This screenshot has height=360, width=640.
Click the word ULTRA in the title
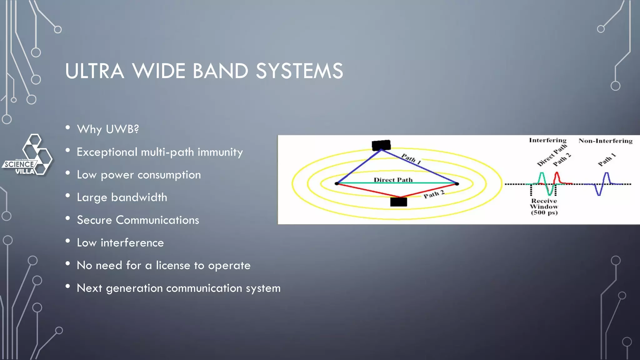[x=95, y=71]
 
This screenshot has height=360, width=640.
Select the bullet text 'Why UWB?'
[x=108, y=129]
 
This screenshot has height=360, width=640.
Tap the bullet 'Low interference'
[x=120, y=243]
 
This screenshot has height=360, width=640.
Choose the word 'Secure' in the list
[x=94, y=220]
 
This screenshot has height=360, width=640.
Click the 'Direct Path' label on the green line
[x=393, y=180]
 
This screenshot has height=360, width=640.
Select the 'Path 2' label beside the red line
[x=434, y=194]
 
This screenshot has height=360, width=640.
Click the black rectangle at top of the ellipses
[x=381, y=145]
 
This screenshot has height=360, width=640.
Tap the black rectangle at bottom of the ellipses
[x=398, y=202]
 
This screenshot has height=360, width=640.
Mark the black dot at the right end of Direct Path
[x=457, y=184]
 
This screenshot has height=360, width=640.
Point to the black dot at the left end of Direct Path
[x=337, y=183]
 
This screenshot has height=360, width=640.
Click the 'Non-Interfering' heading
[x=605, y=141]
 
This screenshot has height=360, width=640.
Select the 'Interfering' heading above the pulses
[x=547, y=140]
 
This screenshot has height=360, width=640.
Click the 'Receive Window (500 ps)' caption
[x=544, y=207]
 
